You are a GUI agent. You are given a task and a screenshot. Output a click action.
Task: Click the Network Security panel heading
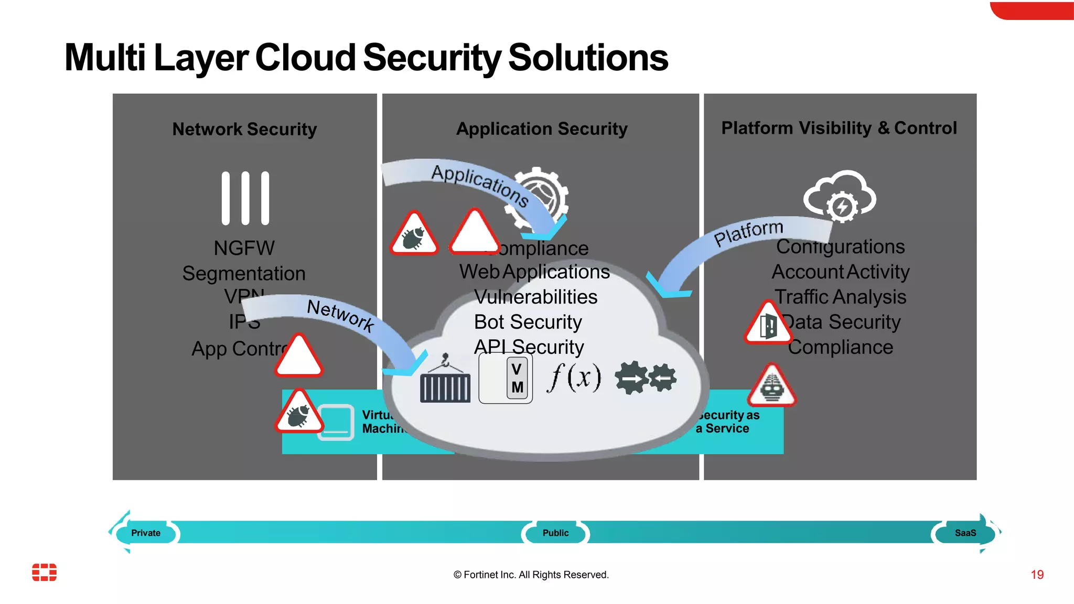coord(244,129)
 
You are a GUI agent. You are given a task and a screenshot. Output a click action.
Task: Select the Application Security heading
coord(542,128)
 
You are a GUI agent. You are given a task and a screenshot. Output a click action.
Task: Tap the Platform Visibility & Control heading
coord(839,128)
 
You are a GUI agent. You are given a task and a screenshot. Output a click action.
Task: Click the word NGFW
coord(244,248)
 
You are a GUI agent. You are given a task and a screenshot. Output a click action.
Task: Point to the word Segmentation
coord(244,273)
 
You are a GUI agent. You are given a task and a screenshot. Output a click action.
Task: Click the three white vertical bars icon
coord(245,198)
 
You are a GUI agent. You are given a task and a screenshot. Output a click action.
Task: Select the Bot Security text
coord(528,322)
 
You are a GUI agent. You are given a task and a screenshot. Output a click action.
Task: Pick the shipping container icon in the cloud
coord(445,381)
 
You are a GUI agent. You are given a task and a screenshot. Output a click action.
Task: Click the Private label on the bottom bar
coord(146,533)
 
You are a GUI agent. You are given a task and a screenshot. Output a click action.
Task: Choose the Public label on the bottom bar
coord(555,533)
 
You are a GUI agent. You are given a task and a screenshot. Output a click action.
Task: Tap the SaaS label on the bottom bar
coord(965,533)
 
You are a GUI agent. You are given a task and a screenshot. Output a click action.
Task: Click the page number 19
coord(1037,575)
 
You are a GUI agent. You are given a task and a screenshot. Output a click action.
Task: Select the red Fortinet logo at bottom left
coord(45,572)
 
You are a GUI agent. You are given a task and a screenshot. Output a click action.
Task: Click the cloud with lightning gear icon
coord(839,197)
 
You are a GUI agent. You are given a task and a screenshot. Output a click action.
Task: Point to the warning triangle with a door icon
coord(768,325)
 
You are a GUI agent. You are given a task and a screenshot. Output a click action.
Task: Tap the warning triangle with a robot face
coord(772,387)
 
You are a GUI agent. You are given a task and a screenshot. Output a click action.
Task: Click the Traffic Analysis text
coord(840,297)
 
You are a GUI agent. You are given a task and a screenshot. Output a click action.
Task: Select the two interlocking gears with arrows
coord(646,377)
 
